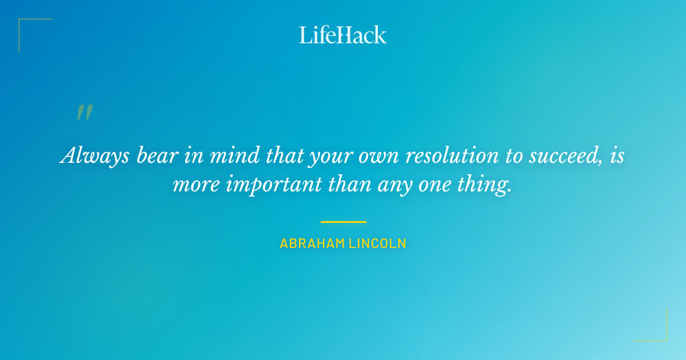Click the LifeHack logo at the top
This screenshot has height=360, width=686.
point(343,35)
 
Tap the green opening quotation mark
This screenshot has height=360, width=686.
point(85,113)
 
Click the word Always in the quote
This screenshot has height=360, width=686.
point(95,156)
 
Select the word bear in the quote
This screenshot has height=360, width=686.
point(155,155)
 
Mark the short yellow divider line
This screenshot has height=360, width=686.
point(343,222)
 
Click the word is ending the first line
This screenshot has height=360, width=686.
point(617,155)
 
